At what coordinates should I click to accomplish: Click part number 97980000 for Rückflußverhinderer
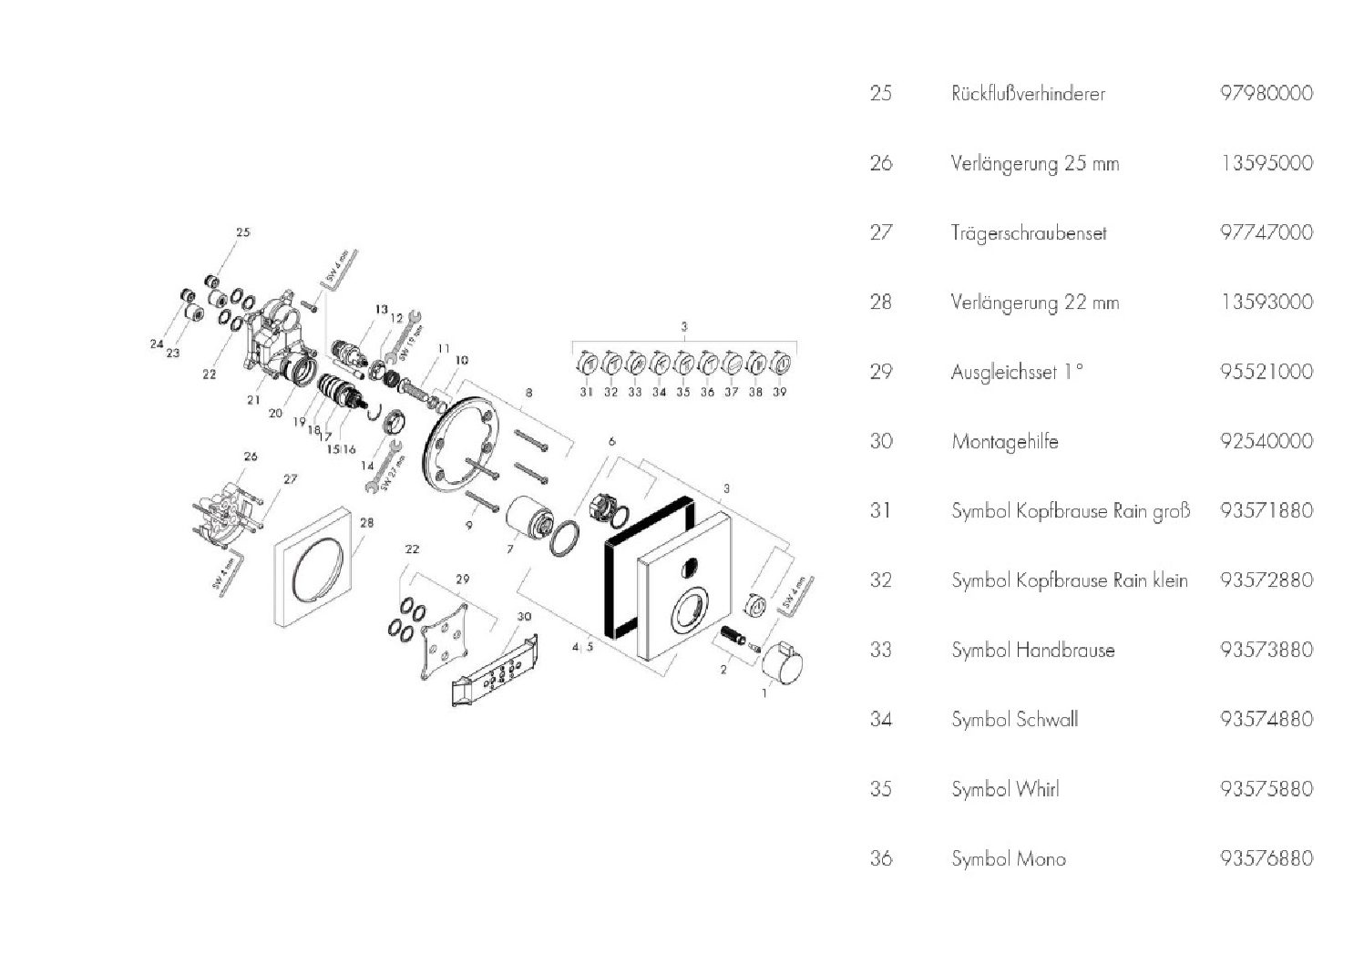pyautogui.click(x=1266, y=93)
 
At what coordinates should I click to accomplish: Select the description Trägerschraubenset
pyautogui.click(x=1028, y=233)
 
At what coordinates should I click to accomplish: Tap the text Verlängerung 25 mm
pyautogui.click(x=1035, y=164)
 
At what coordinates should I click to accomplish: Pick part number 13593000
pyautogui.click(x=1266, y=302)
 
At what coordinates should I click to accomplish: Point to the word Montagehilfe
pyautogui.click(x=1004, y=442)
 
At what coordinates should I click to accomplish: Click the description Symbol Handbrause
pyautogui.click(x=1032, y=651)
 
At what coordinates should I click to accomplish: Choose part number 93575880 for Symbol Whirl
pyautogui.click(x=1266, y=788)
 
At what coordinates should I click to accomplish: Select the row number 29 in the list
pyautogui.click(x=880, y=372)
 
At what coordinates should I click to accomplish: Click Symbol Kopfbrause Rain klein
pyautogui.click(x=1069, y=580)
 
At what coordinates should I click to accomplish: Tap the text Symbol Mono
pyautogui.click(x=1008, y=858)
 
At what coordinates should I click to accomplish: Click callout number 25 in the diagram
pyautogui.click(x=242, y=232)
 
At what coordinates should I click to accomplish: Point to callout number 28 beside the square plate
pyautogui.click(x=366, y=523)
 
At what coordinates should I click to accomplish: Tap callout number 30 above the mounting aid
pyautogui.click(x=523, y=616)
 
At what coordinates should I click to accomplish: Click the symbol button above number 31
pyautogui.click(x=588, y=364)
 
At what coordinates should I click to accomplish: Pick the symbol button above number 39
pyautogui.click(x=779, y=364)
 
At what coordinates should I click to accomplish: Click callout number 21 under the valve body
pyautogui.click(x=253, y=399)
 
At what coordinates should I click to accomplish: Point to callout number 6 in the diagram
pyautogui.click(x=611, y=441)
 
